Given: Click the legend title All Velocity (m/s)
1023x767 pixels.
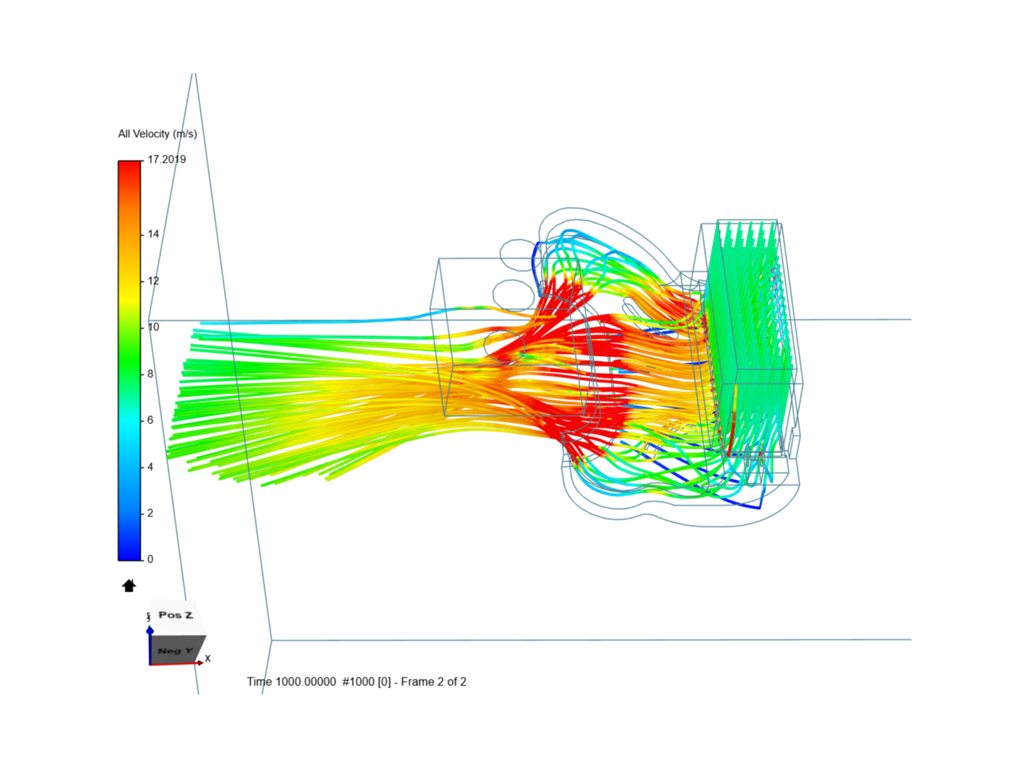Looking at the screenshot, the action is (158, 134).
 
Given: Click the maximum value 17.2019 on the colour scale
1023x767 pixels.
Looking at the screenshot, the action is (167, 159).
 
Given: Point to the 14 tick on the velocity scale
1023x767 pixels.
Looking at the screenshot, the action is (153, 234).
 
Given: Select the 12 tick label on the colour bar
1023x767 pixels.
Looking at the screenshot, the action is (153, 281).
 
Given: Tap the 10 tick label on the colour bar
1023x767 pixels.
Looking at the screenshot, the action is (153, 327).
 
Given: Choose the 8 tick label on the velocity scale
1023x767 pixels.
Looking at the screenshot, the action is (150, 374).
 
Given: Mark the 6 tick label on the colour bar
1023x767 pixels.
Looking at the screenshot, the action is (150, 420).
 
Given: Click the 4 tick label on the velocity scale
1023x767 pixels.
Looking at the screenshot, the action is (150, 467).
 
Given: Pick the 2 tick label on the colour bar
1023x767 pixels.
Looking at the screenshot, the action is (150, 513).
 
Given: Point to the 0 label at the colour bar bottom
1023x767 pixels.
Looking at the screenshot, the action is (150, 559).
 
